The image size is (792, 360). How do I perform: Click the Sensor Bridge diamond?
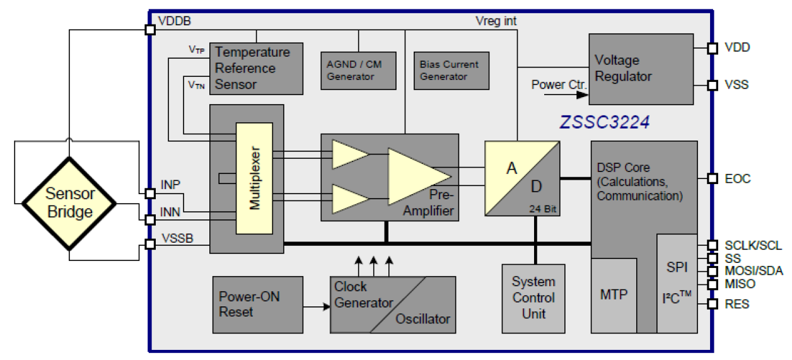pos(69,203)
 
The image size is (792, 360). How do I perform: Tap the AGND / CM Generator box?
pos(358,70)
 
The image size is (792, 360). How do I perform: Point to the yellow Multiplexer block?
pos(254,178)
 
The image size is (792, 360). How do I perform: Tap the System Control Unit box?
pos(533,298)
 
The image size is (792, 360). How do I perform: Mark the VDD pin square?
pos(713,48)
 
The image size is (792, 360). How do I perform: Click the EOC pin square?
pos(713,178)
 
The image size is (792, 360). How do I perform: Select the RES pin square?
pos(713,305)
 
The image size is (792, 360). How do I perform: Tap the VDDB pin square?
pos(150,29)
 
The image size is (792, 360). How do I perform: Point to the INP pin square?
pos(150,194)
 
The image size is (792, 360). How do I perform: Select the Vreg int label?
pos(496,21)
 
